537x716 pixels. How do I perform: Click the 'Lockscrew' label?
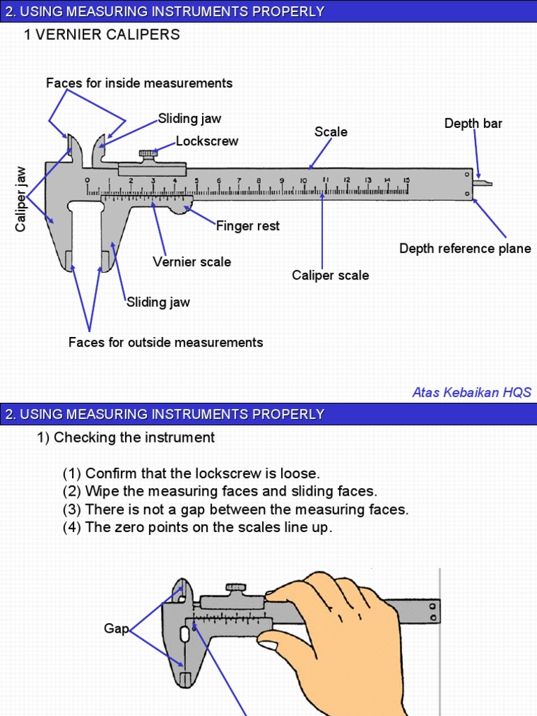207,141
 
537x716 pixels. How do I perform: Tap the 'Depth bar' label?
473,124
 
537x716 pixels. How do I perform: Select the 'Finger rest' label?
248,226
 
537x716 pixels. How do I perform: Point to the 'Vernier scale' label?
192,262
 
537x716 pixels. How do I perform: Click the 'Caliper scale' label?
330,275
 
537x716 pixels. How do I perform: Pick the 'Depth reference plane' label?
465,249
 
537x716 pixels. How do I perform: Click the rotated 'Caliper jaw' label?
21,199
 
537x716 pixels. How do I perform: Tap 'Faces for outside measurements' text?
166,343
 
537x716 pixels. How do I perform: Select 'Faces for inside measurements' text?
139,83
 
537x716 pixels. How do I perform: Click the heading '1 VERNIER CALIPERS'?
102,34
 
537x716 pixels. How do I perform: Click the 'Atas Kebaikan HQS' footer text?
471,392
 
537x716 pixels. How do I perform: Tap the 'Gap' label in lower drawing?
116,629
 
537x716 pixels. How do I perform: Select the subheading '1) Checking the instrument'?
126,438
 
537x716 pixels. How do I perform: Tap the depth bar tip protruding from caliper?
483,184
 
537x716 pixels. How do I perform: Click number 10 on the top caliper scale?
303,181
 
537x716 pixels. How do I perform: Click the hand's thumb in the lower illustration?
280,640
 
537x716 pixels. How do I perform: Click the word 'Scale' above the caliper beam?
331,132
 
